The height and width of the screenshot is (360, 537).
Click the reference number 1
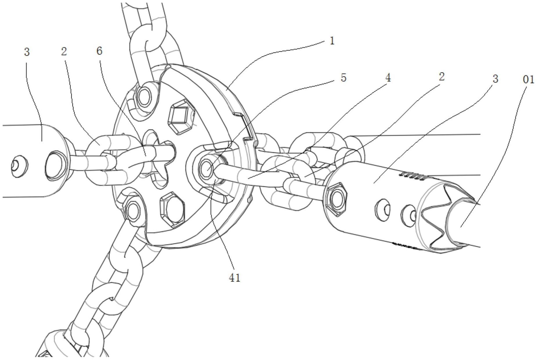click(332, 41)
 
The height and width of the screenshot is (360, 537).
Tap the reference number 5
click(343, 78)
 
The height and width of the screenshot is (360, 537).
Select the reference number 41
click(235, 278)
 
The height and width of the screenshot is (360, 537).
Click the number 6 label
click(99, 51)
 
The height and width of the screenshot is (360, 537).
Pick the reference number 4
click(388, 78)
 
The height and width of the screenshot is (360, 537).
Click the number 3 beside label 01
click(495, 79)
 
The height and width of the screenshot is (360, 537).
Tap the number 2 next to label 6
click(64, 52)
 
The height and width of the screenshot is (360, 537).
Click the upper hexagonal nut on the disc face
click(181, 117)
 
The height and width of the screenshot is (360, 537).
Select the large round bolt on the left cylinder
click(55, 165)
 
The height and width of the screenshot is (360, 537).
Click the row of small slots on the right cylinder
click(412, 175)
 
